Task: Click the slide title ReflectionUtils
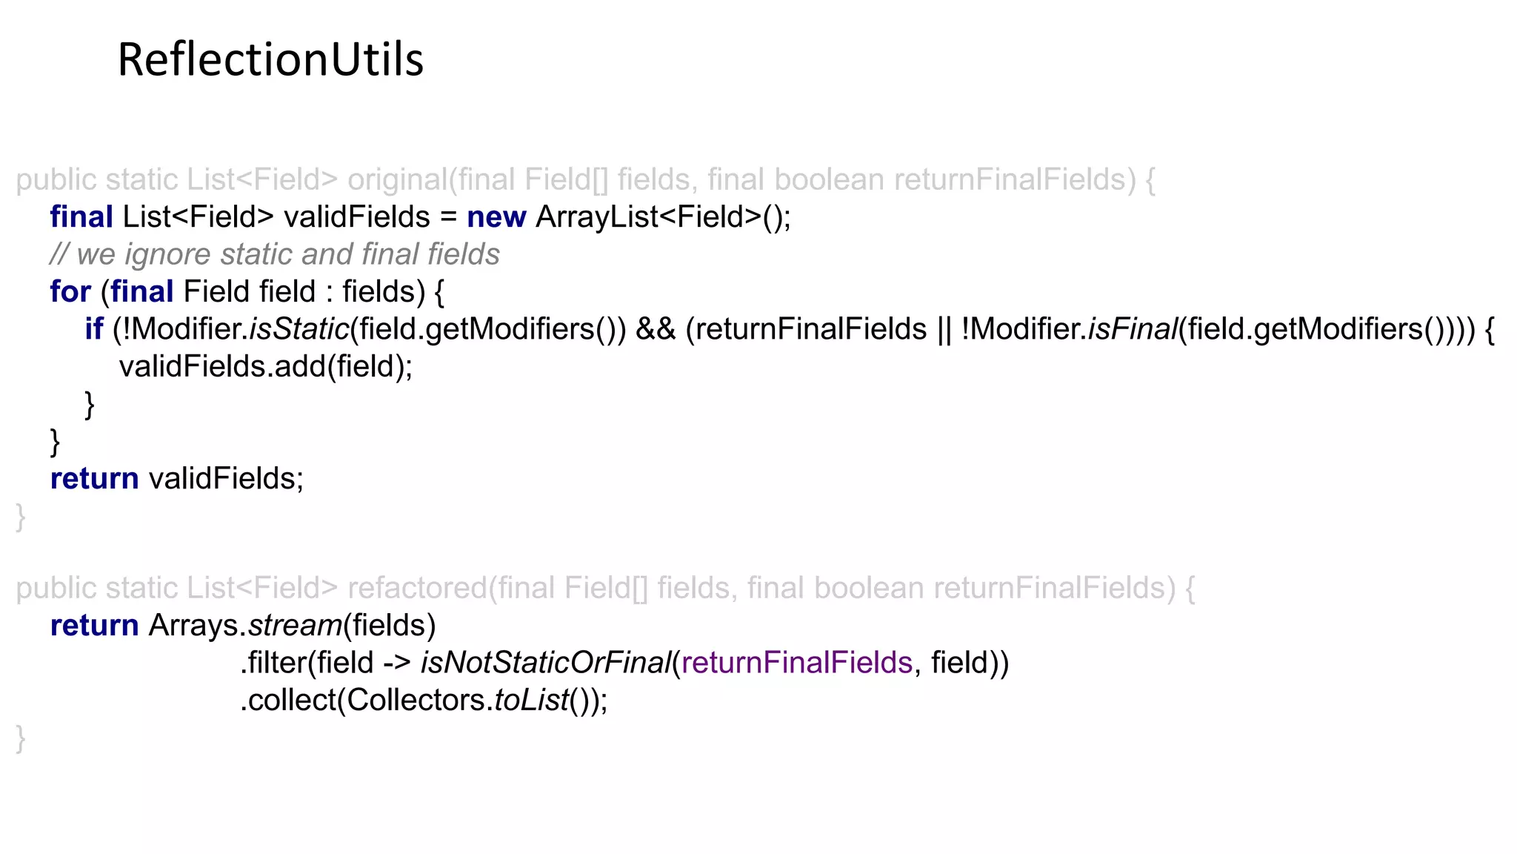point(270,59)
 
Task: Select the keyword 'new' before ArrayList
point(496,217)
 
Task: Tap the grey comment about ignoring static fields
point(275,254)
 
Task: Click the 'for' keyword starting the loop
point(70,292)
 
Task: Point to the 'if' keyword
point(93,329)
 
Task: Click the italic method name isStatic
point(299,329)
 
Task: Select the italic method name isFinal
point(1133,329)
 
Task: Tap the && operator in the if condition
point(656,329)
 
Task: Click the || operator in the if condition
point(944,329)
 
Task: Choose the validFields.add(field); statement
point(266,366)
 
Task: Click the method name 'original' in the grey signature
point(398,180)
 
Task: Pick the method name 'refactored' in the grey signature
point(418,589)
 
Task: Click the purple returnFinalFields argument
point(796,663)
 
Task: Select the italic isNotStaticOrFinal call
point(545,663)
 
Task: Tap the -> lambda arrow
point(397,663)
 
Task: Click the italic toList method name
point(531,701)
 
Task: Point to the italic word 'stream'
point(295,626)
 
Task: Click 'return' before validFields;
point(94,479)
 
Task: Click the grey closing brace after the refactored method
point(21,739)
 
